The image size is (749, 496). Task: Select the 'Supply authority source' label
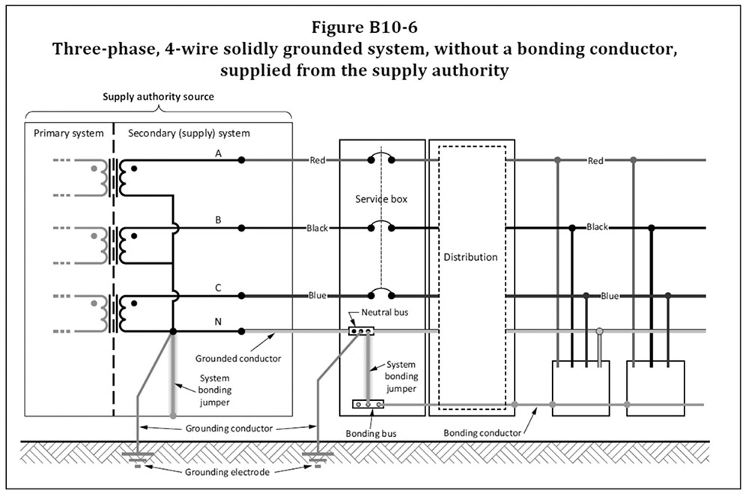[x=159, y=97]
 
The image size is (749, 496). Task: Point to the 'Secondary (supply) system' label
[x=189, y=133]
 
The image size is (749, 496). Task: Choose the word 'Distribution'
[x=470, y=257]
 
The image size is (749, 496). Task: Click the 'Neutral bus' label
[x=384, y=311]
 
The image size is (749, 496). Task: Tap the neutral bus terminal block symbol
[x=361, y=330]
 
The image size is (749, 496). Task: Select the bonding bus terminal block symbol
[x=368, y=405]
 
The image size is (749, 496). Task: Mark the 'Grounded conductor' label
[x=226, y=358]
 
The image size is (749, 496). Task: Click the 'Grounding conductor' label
[x=227, y=429]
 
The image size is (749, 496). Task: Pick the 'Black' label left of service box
[x=317, y=228]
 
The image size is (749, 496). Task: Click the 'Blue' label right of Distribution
[x=610, y=296]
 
